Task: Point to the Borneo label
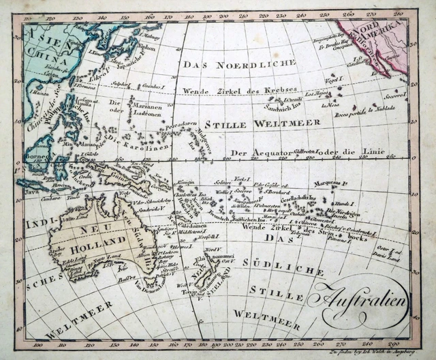(x=35, y=155)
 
